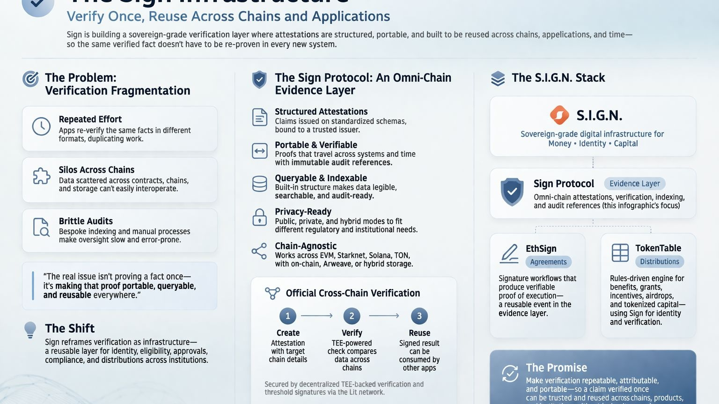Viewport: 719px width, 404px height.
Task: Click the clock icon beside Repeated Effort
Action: tap(41, 126)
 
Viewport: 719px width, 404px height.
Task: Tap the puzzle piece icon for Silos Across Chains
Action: tap(41, 176)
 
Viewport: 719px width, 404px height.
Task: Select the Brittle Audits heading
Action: tap(86, 221)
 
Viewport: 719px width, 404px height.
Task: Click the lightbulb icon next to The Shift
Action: tap(30, 330)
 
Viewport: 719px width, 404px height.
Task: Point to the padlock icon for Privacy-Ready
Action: tap(259, 218)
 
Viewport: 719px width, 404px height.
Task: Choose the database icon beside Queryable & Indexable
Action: tap(259, 184)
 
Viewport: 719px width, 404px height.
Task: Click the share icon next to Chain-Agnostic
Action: tap(259, 251)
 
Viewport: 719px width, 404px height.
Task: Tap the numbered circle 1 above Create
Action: tap(287, 316)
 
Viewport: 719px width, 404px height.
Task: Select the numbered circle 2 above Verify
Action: tap(352, 316)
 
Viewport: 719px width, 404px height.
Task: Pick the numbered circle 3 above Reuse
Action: tap(419, 316)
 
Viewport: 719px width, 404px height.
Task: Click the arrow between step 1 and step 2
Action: tap(317, 316)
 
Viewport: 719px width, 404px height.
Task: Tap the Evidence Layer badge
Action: tap(634, 184)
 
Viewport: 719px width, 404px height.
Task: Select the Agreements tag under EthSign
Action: tap(548, 262)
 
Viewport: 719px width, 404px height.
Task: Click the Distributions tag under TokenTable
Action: tap(659, 262)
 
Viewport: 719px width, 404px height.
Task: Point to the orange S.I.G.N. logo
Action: tap(559, 115)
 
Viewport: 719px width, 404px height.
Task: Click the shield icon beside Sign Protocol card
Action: tap(512, 191)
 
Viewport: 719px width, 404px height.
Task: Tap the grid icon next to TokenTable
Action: tap(620, 253)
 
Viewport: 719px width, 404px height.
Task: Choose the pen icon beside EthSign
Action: tap(509, 253)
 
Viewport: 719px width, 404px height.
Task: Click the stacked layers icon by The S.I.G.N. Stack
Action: tap(498, 78)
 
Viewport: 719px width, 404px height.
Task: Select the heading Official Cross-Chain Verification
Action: tap(352, 293)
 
